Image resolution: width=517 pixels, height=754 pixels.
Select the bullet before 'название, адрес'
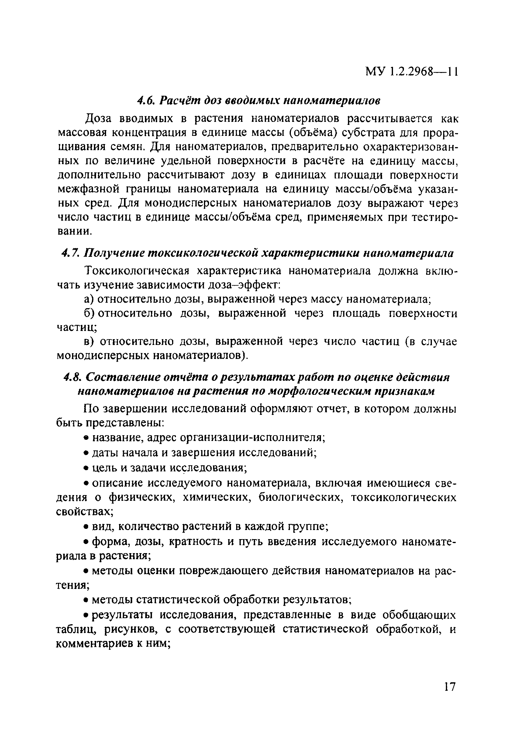86,438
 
